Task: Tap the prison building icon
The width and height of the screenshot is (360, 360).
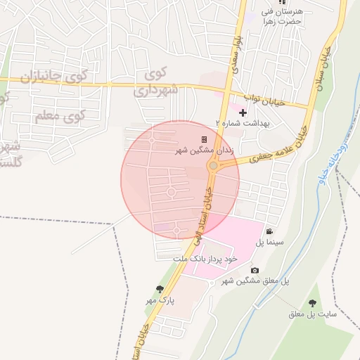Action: point(205,140)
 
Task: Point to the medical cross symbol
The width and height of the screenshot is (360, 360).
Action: point(243,112)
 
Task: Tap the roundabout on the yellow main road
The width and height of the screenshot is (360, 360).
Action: point(213,166)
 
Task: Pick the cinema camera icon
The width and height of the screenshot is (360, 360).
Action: point(269,231)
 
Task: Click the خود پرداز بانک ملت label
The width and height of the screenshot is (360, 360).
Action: point(212,259)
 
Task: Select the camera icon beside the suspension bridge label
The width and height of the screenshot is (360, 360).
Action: point(255,271)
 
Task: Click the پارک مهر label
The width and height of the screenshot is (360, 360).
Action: point(160,300)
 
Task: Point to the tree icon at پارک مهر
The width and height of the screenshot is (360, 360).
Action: point(160,289)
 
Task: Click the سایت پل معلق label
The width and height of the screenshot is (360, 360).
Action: point(311,314)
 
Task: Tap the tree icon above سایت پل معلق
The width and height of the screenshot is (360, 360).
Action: point(312,303)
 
